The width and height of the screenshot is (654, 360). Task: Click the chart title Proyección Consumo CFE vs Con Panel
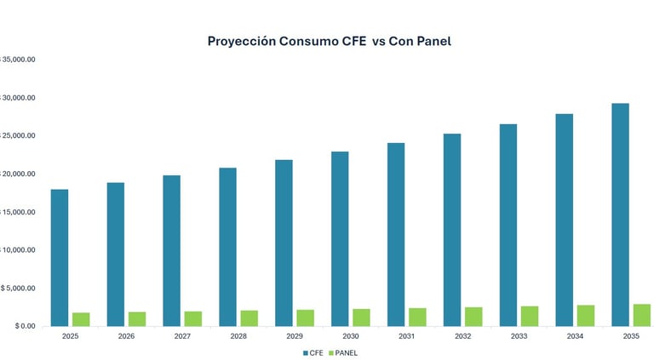(x=329, y=41)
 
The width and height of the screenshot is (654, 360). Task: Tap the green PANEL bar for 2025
(x=81, y=319)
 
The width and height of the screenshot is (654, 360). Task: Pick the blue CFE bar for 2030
(x=339, y=238)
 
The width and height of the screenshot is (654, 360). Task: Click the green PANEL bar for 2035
(x=641, y=315)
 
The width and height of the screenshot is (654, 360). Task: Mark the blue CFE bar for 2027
(x=171, y=250)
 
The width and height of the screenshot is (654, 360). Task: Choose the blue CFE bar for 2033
(x=508, y=225)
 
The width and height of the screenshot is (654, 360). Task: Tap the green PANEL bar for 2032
(x=473, y=317)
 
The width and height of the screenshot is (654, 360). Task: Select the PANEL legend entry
(x=342, y=351)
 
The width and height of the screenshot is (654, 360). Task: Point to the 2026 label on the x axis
(x=126, y=336)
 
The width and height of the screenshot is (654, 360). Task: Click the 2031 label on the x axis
(x=406, y=336)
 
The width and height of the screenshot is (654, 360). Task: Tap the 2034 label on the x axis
(x=574, y=336)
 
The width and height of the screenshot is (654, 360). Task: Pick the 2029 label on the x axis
(x=294, y=336)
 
